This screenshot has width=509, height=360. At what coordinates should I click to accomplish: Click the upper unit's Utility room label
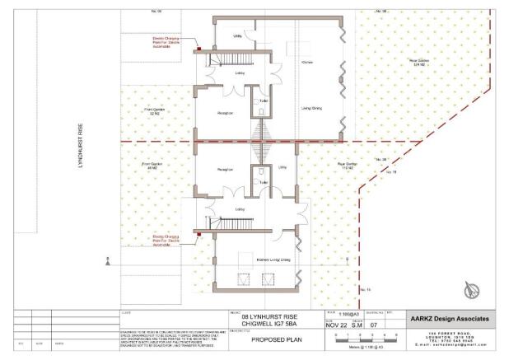click(x=237, y=37)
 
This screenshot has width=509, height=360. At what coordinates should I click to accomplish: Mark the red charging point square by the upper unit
click(x=199, y=49)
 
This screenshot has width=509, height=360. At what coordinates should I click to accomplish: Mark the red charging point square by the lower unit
click(x=199, y=235)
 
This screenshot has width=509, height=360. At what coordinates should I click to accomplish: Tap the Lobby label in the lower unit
click(x=240, y=209)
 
